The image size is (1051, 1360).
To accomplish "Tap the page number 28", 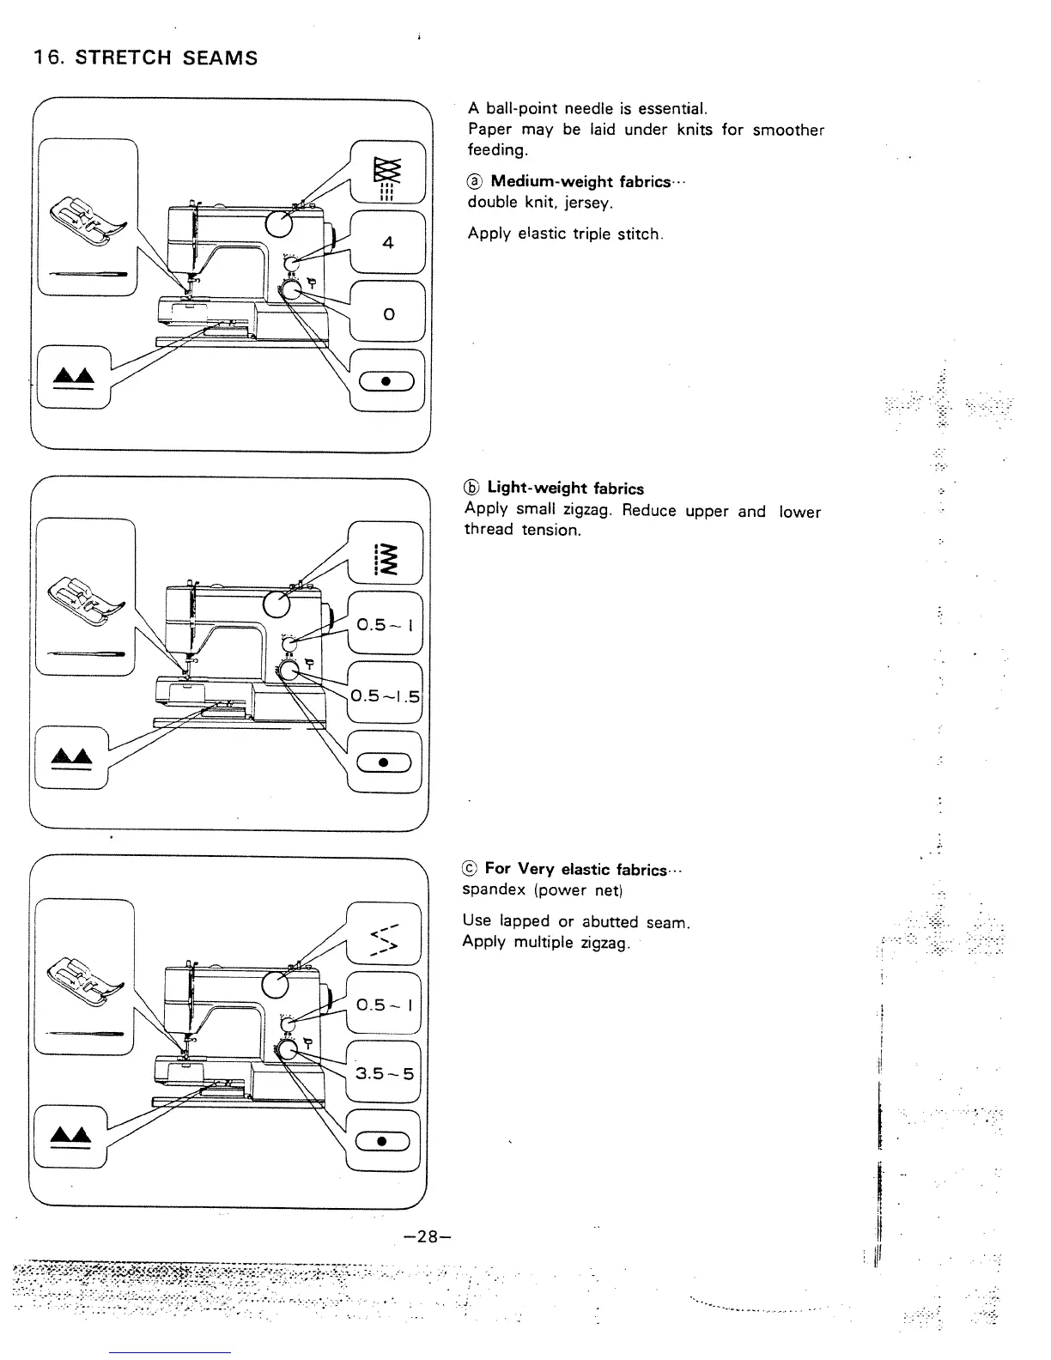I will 425,1236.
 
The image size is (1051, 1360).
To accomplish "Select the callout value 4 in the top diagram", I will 388,243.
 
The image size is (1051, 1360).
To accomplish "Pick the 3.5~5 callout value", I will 385,1073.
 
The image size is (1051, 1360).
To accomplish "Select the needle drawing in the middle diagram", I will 85,654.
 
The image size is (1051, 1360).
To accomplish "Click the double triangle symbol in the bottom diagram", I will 72,1137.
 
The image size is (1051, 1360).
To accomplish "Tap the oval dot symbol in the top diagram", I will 386,383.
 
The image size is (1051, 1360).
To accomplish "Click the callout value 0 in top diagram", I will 389,314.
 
